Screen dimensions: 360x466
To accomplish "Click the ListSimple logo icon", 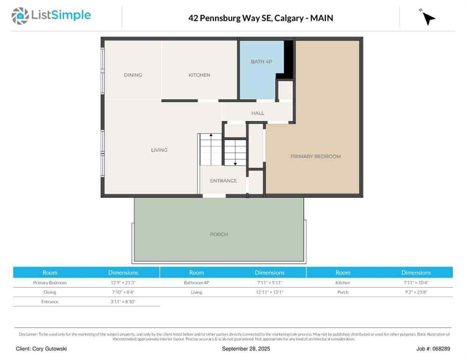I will click(20, 16).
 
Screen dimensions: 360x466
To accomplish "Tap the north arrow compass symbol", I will click(428, 17).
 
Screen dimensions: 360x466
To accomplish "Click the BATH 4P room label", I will click(261, 61).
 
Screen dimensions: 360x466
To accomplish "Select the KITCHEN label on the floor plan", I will click(199, 75).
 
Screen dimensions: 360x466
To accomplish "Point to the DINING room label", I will click(133, 75).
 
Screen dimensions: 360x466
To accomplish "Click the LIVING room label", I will click(159, 150).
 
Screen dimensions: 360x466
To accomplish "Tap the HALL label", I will click(257, 113).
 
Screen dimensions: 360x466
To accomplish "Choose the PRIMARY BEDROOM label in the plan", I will click(316, 156).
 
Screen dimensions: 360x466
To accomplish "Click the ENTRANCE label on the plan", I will click(223, 181).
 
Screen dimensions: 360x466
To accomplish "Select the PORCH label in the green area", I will click(219, 234).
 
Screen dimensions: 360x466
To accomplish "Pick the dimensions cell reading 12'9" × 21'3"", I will click(123, 283).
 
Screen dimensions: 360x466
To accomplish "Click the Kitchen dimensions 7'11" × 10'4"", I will click(416, 283).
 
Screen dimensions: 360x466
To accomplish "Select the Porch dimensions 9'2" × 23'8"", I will click(416, 292).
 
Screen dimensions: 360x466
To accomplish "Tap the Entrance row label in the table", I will click(50, 301).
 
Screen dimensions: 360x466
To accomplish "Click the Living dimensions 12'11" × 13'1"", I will click(270, 292).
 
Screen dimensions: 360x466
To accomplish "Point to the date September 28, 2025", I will click(246, 349).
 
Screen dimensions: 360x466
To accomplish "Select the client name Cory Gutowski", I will click(41, 349).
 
